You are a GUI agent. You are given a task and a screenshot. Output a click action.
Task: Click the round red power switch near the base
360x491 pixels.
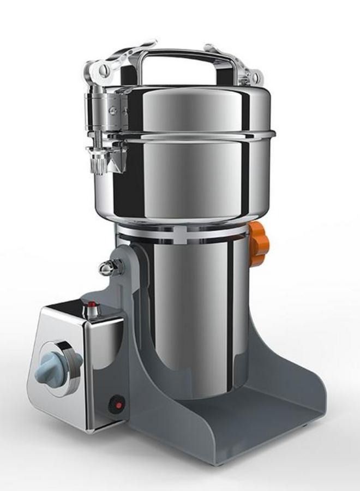[116, 404]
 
